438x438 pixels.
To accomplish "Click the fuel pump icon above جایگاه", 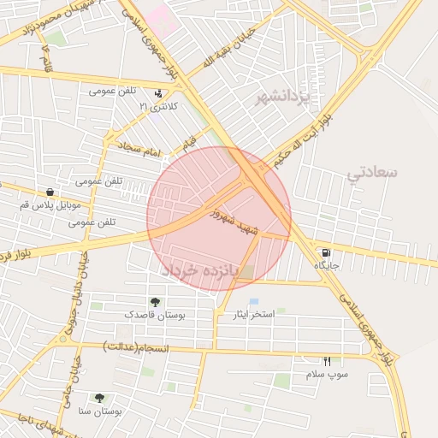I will (326, 253).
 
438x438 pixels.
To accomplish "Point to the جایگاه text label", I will (326, 266).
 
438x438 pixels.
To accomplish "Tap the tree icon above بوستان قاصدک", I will (155, 302).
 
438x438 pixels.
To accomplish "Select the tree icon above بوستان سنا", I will (100, 399).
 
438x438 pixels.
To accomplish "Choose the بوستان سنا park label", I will (101, 411).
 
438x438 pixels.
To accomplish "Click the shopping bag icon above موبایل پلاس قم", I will (51, 192).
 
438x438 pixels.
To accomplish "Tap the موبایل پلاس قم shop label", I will (51, 206).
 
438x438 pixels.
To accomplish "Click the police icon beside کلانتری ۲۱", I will (158, 94).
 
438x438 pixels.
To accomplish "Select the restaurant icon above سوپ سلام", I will (326, 362).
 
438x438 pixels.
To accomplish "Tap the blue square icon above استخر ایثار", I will (253, 302).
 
